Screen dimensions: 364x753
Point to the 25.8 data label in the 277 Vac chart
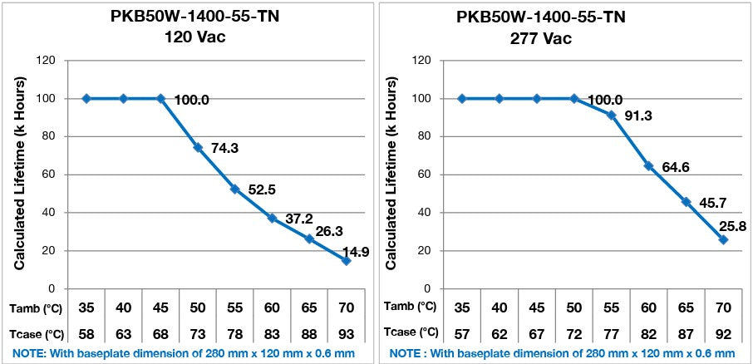723,225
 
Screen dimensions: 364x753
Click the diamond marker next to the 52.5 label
235,189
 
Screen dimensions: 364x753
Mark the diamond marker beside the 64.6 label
648,165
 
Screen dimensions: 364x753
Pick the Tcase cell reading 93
347,333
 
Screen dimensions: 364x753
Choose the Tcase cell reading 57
462,333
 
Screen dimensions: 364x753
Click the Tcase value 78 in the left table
235,333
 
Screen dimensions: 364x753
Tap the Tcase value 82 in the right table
648,333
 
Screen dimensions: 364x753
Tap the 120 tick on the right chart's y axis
422,60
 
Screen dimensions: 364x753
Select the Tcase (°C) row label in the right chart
413,333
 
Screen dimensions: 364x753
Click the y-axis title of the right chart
395,174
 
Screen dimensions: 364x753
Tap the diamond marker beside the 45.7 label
686,202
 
